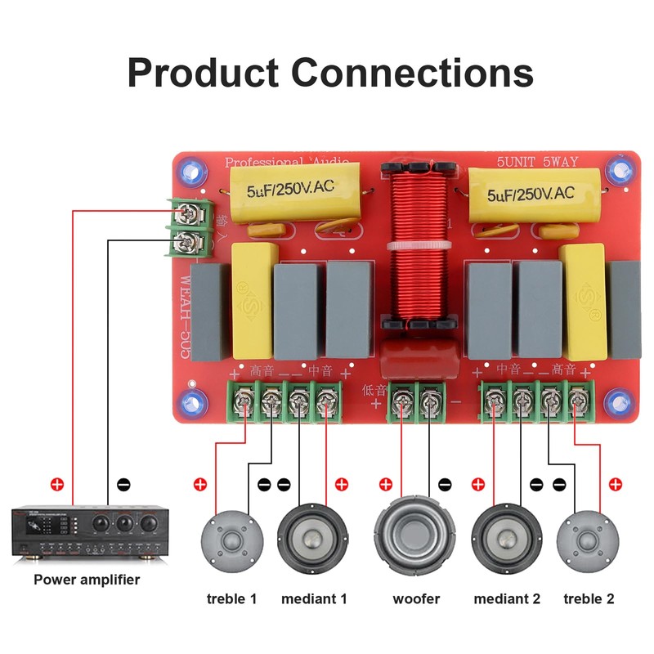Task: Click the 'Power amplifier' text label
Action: (x=87, y=580)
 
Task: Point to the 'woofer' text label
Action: (x=416, y=598)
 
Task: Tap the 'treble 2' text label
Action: (x=589, y=598)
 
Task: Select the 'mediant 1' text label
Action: (x=314, y=598)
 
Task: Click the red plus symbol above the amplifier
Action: (x=56, y=484)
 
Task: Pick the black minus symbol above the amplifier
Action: (x=123, y=484)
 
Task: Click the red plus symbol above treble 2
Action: (x=615, y=484)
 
